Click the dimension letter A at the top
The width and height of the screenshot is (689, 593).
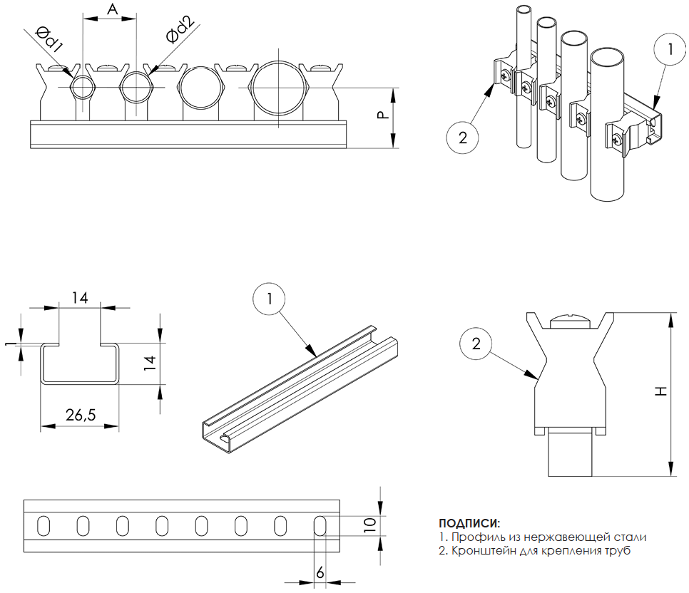point(111,9)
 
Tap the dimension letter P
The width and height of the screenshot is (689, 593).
point(382,115)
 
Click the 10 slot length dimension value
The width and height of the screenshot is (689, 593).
point(369,525)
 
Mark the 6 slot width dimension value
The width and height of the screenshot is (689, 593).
point(320,572)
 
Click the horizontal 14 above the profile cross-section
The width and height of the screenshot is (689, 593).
point(80,298)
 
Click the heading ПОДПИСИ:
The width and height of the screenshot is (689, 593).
point(469,524)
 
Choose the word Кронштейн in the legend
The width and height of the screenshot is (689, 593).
point(479,551)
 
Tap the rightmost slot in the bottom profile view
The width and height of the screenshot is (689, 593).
point(320,526)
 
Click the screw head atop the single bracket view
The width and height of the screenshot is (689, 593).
point(568,321)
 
